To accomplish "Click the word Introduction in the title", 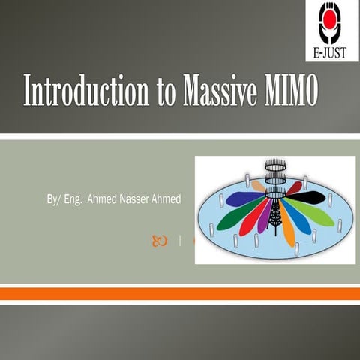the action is pos(86,90).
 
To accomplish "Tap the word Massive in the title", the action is pos(220,90).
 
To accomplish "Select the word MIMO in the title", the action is pos(292,90).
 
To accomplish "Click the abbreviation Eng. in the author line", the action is pos(73,199).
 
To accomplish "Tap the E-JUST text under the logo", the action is pos(330,52).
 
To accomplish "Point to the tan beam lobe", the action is pos(258,186).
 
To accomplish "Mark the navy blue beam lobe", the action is pos(245,198).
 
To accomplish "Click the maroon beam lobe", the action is pos(295,188).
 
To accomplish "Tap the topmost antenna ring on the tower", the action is pos(276,165).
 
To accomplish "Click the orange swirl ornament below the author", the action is pos(160,241).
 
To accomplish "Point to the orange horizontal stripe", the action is pos(180,294).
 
